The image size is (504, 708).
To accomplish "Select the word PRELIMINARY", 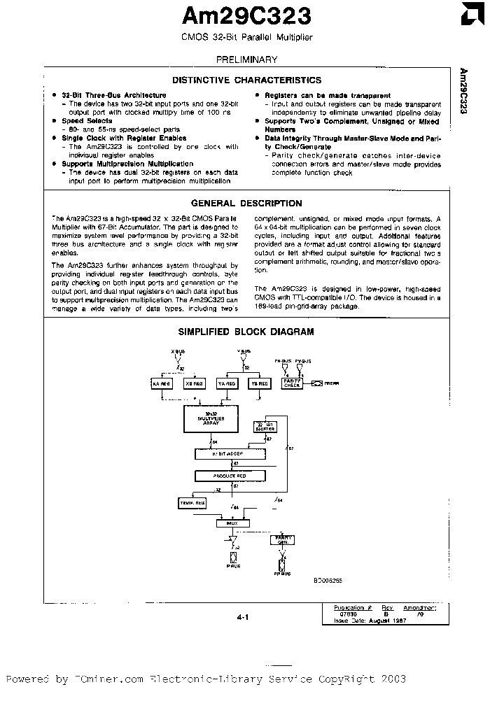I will pyautogui.click(x=246, y=59).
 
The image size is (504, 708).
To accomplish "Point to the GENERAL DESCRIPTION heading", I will pyautogui.click(x=246, y=204).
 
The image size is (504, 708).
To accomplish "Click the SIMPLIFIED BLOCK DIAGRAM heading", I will pyautogui.click(x=246, y=332).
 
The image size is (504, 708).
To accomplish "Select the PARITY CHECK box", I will pyautogui.click(x=292, y=383).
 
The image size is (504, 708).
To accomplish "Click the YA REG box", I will pyautogui.click(x=227, y=383).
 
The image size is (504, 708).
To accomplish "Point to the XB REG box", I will pyautogui.click(x=193, y=383).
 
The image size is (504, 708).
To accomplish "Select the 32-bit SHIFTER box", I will pyautogui.click(x=265, y=427).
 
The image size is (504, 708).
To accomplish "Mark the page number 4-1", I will pyautogui.click(x=243, y=616).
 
